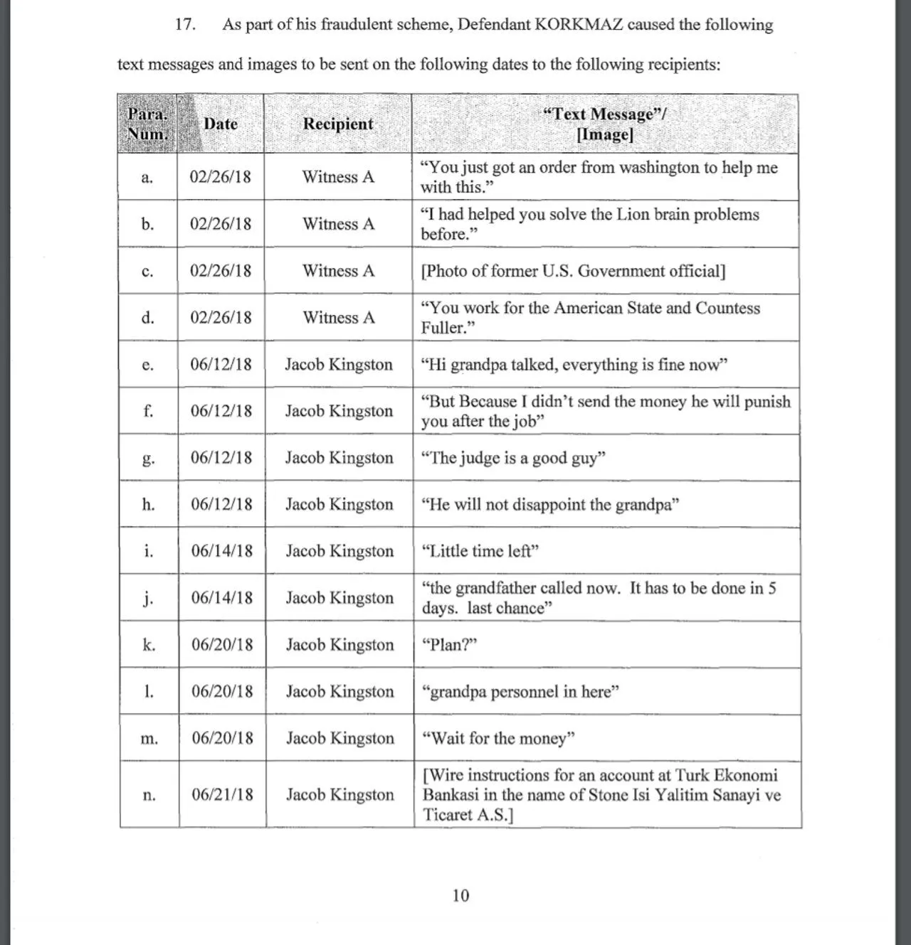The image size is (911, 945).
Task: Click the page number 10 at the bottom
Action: click(x=460, y=895)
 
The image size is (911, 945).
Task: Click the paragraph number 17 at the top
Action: click(x=185, y=24)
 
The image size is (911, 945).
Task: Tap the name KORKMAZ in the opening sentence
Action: click(x=578, y=24)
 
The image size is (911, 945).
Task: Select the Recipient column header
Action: click(x=338, y=124)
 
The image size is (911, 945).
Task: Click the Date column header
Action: click(x=221, y=124)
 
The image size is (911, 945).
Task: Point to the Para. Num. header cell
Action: click(x=147, y=124)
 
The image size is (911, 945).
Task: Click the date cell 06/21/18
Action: click(x=222, y=794)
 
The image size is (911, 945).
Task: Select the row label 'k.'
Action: click(x=149, y=645)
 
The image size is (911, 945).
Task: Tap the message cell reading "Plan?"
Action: click(x=449, y=645)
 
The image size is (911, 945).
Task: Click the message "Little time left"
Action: click(x=480, y=551)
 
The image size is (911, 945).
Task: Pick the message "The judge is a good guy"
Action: click(x=513, y=458)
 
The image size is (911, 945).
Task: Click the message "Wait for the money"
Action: click(x=498, y=738)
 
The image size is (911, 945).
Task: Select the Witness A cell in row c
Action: click(x=338, y=271)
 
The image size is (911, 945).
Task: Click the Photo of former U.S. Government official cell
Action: click(x=573, y=271)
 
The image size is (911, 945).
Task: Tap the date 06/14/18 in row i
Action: click(x=221, y=551)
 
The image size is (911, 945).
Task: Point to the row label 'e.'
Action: click(x=148, y=365)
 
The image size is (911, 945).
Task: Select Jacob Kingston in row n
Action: click(x=340, y=794)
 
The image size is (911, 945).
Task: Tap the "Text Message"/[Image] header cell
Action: click(x=604, y=124)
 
